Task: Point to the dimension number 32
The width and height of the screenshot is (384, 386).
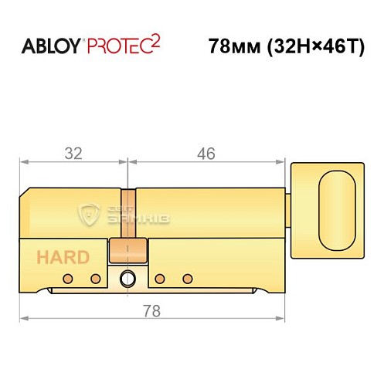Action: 73,153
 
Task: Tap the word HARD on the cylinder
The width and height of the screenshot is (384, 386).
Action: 61,258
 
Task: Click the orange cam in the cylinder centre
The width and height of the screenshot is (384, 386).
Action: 129,249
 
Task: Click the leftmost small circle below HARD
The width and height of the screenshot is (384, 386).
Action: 68,278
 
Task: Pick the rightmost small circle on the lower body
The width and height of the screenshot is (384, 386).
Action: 185,278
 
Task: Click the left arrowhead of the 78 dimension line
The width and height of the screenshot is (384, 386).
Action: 23,317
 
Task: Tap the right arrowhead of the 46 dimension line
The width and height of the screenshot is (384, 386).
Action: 280,161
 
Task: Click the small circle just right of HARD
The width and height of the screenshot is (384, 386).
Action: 96,278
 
